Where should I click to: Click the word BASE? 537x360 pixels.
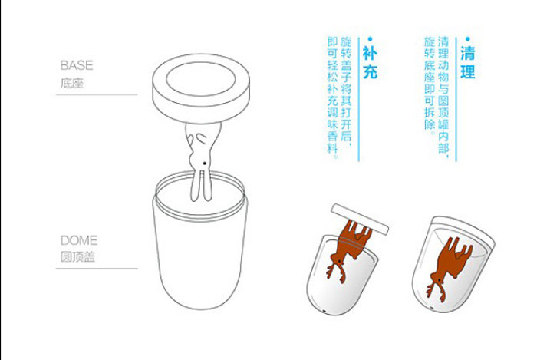click(x=77, y=65)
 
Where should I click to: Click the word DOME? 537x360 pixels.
click(x=79, y=240)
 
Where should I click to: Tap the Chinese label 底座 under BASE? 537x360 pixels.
click(x=72, y=83)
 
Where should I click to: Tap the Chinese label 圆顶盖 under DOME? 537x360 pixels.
click(x=77, y=257)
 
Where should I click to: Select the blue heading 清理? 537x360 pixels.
click(x=467, y=62)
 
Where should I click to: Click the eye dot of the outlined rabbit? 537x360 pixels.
click(x=205, y=163)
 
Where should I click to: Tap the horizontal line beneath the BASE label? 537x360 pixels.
click(x=97, y=94)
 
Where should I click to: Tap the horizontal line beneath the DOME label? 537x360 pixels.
click(x=97, y=268)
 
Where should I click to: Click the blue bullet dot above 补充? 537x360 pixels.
click(x=370, y=39)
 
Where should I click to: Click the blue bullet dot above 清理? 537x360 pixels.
click(x=468, y=39)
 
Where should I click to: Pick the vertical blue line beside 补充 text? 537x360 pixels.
click(x=358, y=99)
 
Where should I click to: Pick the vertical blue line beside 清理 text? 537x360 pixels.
click(x=456, y=99)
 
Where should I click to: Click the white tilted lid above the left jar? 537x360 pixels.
click(x=360, y=219)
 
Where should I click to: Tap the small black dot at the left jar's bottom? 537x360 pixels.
click(x=325, y=311)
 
